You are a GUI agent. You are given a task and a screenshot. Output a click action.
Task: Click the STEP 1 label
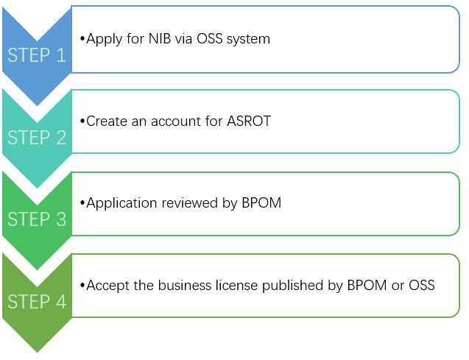pos(37,55)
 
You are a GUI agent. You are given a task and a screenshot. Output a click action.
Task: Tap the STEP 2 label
pos(37,137)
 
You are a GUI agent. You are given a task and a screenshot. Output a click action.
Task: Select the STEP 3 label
pos(37,219)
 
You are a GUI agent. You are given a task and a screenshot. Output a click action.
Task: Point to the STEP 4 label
pos(37,301)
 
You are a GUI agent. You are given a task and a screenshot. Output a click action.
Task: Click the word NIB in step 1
pos(160,39)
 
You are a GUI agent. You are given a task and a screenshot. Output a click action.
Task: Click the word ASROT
pos(249,121)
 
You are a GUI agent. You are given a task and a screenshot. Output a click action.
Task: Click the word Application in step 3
pos(121,203)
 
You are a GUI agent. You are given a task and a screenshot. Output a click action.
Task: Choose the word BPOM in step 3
pos(261,202)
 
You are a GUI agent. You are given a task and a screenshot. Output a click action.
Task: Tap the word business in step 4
pos(185,285)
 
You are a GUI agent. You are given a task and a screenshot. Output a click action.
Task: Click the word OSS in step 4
pos(422,285)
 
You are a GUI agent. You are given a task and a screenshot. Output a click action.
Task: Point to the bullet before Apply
pos(82,39)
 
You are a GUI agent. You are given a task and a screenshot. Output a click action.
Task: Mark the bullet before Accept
pos(82,285)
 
